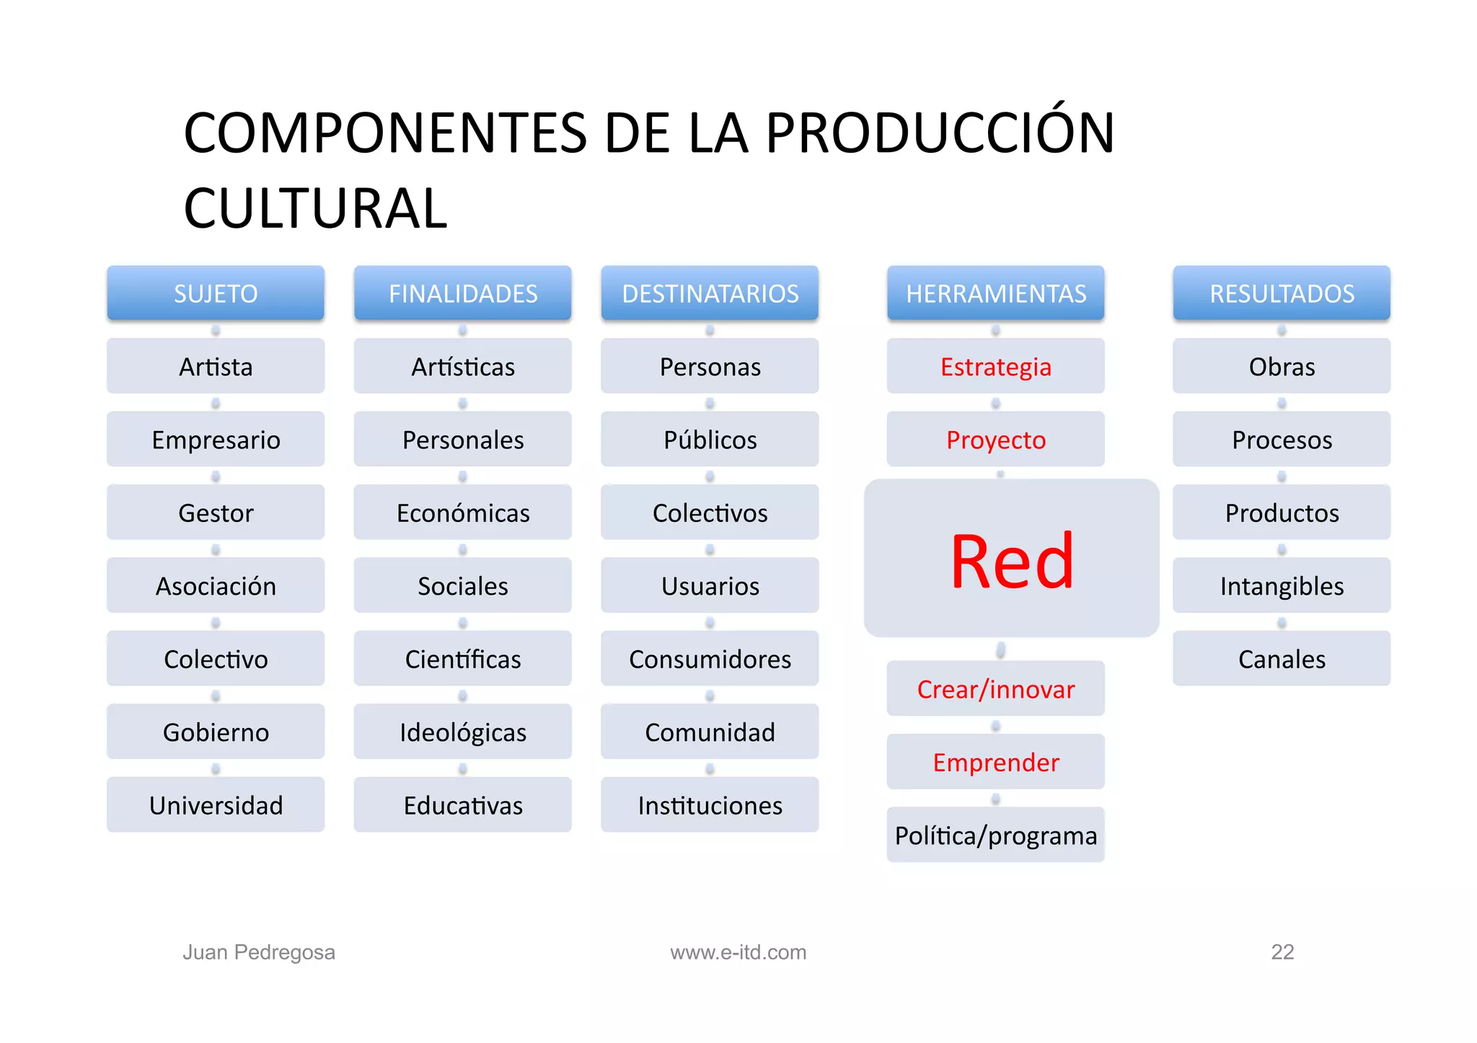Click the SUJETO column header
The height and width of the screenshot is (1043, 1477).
(x=216, y=293)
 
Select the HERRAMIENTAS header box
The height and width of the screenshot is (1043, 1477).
(x=995, y=293)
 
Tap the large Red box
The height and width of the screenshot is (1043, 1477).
(x=1011, y=559)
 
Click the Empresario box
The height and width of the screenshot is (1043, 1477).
(x=216, y=440)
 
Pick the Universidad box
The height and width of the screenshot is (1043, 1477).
(x=216, y=805)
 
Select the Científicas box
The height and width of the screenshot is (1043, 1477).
(x=462, y=659)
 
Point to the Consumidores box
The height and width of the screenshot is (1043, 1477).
(x=710, y=659)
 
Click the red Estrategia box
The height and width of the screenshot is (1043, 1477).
(x=995, y=367)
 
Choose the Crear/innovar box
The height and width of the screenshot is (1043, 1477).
(x=995, y=689)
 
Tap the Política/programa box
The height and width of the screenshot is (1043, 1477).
(x=995, y=835)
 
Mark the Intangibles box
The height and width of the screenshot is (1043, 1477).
(x=1282, y=586)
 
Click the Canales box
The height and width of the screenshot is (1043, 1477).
(x=1282, y=659)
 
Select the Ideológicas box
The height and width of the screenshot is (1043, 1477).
(x=462, y=732)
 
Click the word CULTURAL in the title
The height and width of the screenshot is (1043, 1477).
(x=316, y=209)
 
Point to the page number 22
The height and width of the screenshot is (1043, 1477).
(x=1282, y=952)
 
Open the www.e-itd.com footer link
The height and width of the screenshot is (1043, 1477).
(x=738, y=952)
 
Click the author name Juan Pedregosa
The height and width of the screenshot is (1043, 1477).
(x=259, y=952)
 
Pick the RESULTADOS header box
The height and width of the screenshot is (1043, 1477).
(x=1282, y=293)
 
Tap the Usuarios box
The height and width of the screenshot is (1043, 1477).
(x=710, y=586)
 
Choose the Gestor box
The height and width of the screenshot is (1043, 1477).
(x=216, y=512)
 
